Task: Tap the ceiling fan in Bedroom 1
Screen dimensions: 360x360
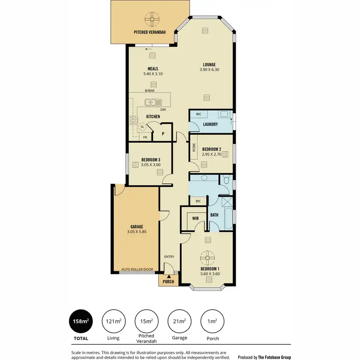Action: pyautogui.click(x=208, y=257)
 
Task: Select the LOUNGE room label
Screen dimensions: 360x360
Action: pyautogui.click(x=209, y=65)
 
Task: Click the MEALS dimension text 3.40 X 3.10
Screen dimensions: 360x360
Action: pyautogui.click(x=153, y=74)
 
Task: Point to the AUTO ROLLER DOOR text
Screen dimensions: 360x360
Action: pyautogui.click(x=137, y=270)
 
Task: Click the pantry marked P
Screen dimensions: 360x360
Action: pyautogui.click(x=163, y=134)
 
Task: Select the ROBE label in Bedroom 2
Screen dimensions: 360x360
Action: pyautogui.click(x=194, y=149)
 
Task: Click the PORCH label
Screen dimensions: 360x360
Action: pyautogui.click(x=168, y=281)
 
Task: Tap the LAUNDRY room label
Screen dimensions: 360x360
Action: pyautogui.click(x=210, y=124)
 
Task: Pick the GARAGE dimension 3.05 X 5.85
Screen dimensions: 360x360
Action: pyautogui.click(x=137, y=232)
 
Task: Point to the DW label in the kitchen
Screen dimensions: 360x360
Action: pyautogui.click(x=163, y=109)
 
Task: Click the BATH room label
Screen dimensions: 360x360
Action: pyautogui.click(x=214, y=215)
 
